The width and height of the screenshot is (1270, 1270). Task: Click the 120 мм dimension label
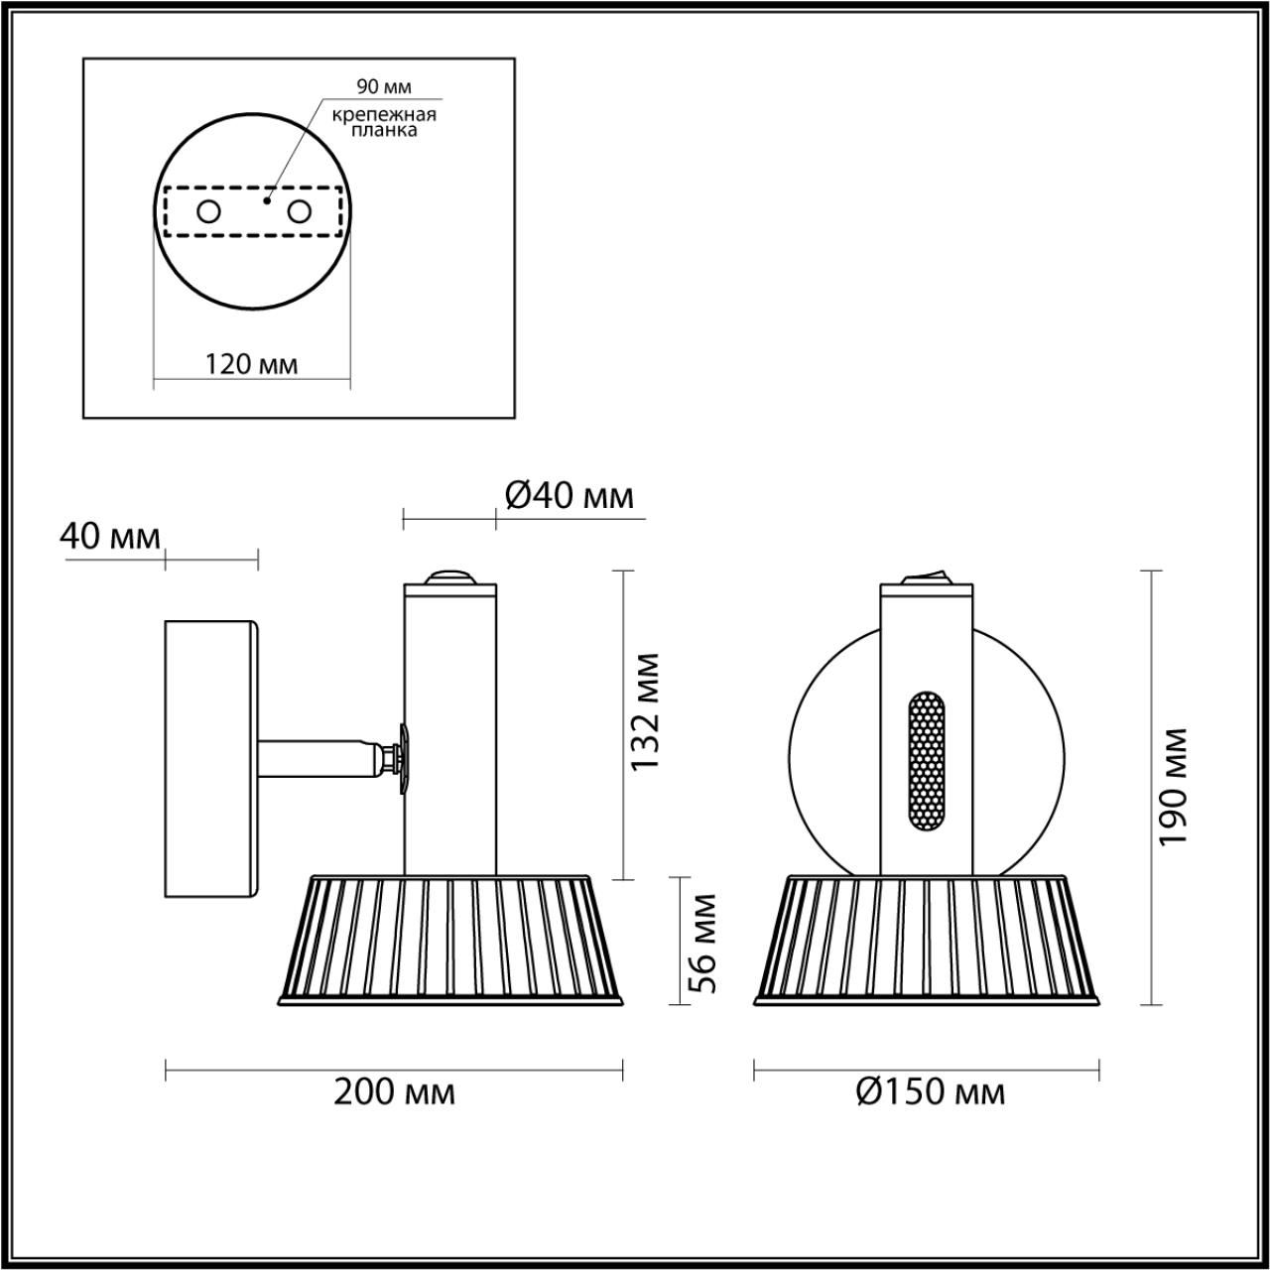tap(251, 364)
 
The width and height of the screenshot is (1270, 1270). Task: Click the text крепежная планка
tap(384, 122)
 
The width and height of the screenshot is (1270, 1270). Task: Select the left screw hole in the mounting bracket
tap(209, 211)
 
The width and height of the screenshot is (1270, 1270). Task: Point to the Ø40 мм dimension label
tap(569, 495)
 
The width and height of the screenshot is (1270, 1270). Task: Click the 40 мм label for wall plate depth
tap(109, 537)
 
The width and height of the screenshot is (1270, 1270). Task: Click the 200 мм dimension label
tap(394, 1093)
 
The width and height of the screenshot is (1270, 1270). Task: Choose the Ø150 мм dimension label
tap(930, 1093)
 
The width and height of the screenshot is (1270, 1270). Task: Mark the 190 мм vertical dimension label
tap(1175, 786)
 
